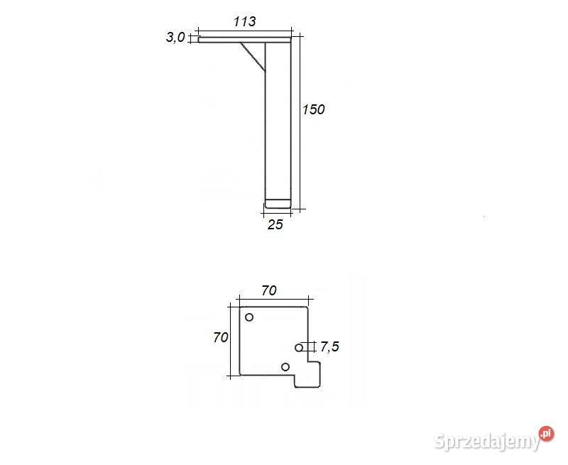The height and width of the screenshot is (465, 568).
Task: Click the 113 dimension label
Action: (244, 21)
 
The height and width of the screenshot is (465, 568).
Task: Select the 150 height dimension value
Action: (313, 109)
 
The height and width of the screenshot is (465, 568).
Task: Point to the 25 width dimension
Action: (275, 225)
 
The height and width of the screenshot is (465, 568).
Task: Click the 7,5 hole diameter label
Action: (329, 347)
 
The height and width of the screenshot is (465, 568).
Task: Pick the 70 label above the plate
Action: (268, 290)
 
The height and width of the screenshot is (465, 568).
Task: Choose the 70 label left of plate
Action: (220, 338)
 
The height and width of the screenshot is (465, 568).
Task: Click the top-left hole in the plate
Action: (249, 317)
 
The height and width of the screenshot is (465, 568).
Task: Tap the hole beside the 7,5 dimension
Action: (299, 347)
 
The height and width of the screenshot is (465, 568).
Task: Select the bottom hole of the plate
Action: (285, 366)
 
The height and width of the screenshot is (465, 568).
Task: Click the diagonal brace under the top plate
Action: (253, 55)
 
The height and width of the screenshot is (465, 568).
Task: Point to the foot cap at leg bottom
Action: (278, 204)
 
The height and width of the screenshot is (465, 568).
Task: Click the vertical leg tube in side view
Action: (278, 121)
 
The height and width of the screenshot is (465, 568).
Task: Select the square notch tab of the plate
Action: (309, 374)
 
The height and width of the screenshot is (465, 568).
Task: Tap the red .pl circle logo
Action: (545, 433)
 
